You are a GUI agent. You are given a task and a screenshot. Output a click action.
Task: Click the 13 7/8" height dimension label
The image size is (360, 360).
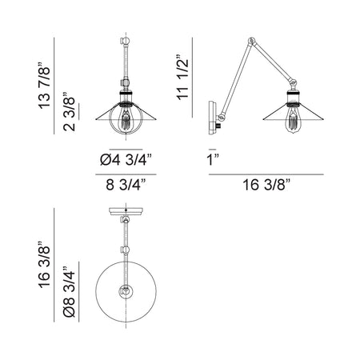[x=45, y=86]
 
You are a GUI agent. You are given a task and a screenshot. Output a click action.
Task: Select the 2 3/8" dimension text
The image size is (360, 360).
[x=70, y=111]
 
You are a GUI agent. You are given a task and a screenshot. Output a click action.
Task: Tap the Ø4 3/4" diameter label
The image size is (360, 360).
[x=126, y=160]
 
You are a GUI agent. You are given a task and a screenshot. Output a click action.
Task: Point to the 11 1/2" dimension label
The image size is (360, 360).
[x=182, y=78]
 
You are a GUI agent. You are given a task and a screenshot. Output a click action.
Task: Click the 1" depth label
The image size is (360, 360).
[x=213, y=160]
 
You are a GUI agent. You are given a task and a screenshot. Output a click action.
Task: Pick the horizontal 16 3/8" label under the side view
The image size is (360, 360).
[x=266, y=185]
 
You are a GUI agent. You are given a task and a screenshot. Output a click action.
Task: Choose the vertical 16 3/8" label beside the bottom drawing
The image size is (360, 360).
[x=45, y=265]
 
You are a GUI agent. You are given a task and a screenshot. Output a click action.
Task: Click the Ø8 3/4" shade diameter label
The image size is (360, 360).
[x=70, y=291]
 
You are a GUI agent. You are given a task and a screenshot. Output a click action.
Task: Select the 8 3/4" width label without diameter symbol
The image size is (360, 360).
[x=126, y=185]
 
